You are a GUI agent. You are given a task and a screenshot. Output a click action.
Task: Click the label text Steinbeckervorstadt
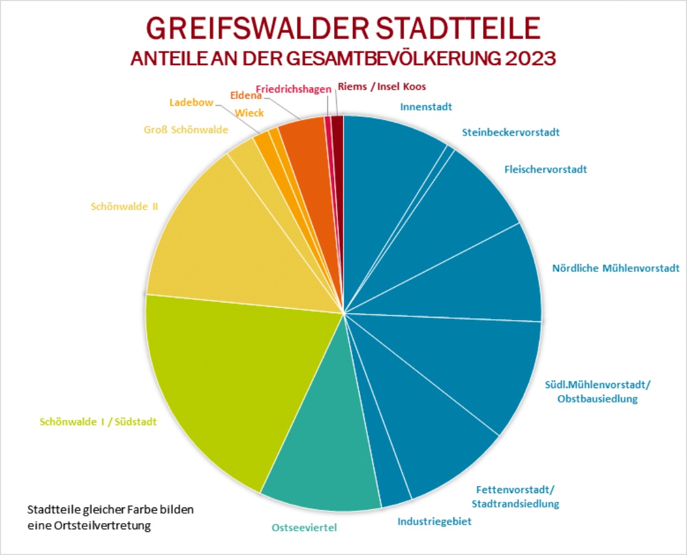click(x=510, y=132)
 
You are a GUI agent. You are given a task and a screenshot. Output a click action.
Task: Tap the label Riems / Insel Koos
click(x=381, y=87)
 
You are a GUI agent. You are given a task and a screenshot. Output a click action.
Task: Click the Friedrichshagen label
click(x=294, y=89)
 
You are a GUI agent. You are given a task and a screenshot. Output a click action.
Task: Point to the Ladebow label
click(x=191, y=102)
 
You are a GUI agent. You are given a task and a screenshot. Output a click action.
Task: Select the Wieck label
click(x=249, y=113)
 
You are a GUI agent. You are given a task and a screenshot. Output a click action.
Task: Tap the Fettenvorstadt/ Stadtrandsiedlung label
click(x=515, y=496)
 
